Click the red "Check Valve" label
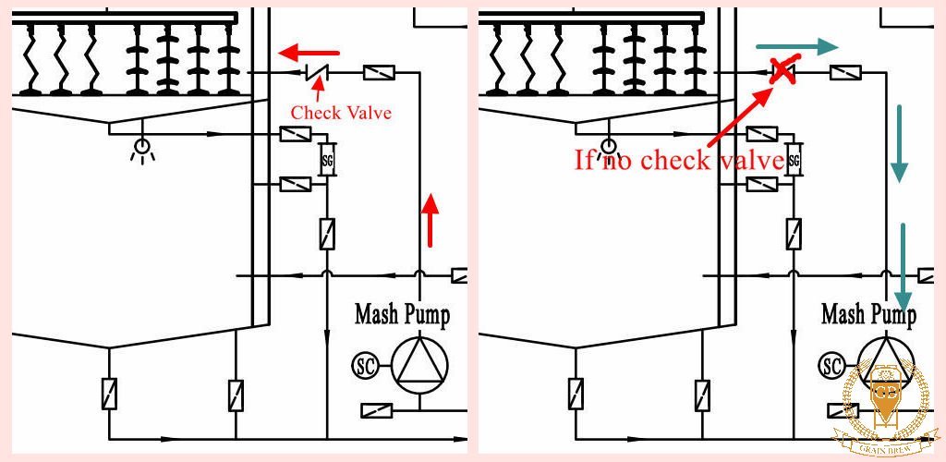pos(341,113)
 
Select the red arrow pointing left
pos(309,51)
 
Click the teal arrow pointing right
pos(795,46)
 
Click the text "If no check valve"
pos(680,160)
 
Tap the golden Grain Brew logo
pos(884,406)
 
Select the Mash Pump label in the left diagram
pos(402,314)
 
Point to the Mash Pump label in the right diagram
pos(868,314)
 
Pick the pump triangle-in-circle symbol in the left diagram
pos(420,363)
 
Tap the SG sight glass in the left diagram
pos(326,159)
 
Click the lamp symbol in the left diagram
pos(142,147)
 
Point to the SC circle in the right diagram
pos(831,365)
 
